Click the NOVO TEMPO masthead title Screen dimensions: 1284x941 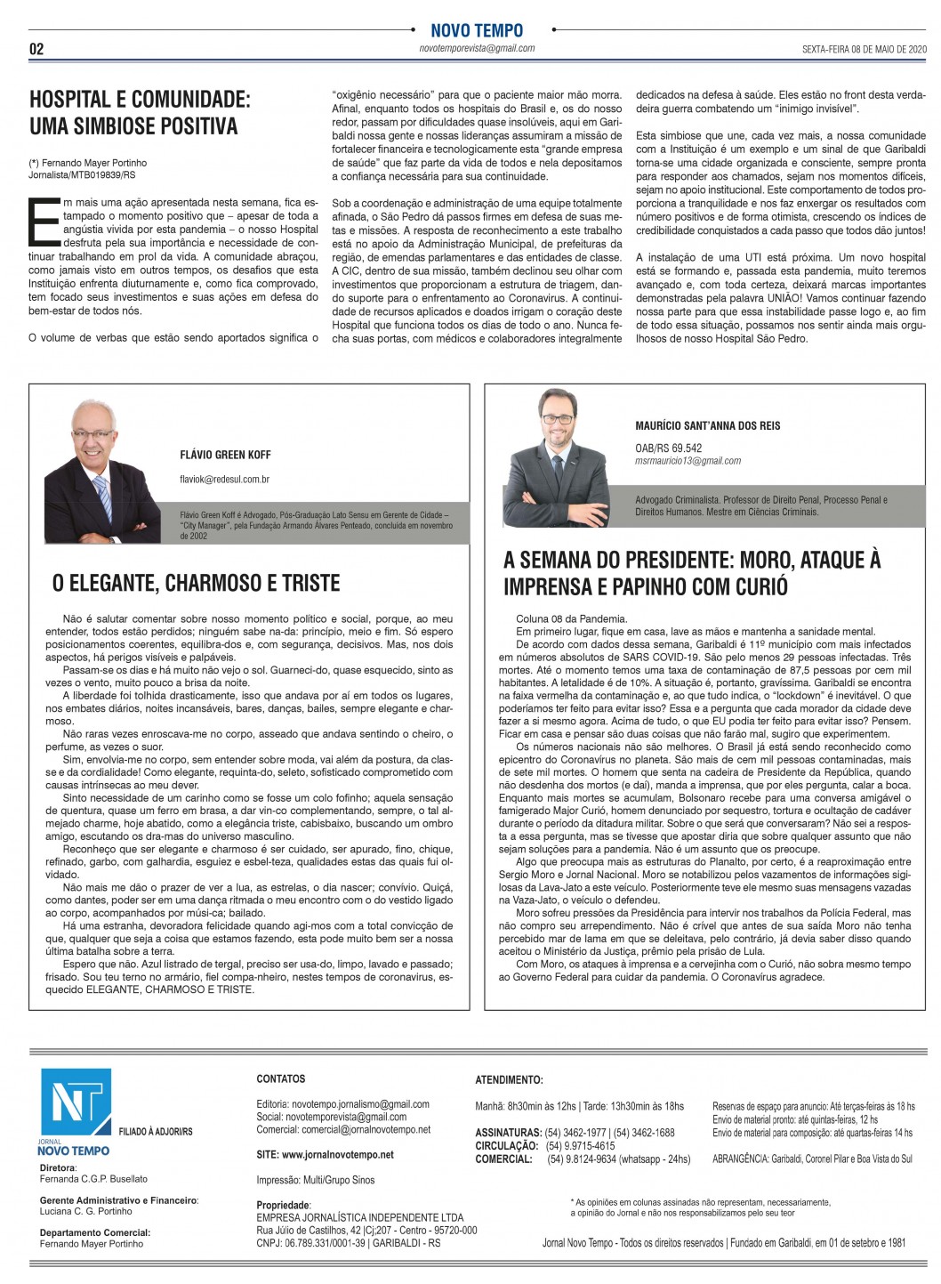point(477,30)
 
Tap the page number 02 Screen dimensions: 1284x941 point(36,49)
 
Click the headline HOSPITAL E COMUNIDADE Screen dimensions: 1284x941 point(140,100)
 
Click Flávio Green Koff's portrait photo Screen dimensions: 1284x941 point(91,472)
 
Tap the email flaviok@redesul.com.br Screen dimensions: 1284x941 point(224,480)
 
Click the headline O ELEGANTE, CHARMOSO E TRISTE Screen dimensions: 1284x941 point(196,584)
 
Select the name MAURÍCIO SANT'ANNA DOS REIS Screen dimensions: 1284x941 point(707,425)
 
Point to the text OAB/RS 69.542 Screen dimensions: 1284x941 point(668,448)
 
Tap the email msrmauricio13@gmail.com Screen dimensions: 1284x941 point(688,461)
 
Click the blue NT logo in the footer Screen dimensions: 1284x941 point(76,1103)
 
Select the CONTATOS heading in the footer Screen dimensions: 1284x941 point(280,1078)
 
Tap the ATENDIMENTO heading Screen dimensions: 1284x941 point(509,1080)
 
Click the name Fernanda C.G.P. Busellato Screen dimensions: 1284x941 point(93,1179)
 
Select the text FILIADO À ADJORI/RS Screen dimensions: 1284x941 point(156,1132)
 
